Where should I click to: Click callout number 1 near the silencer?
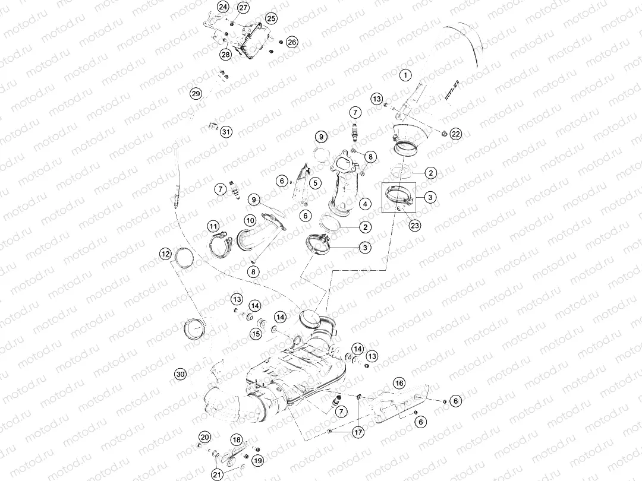click(x=405, y=75)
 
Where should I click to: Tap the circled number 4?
click(x=365, y=204)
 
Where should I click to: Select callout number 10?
click(x=250, y=220)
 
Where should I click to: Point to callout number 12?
click(x=165, y=254)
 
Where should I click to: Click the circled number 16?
click(x=399, y=383)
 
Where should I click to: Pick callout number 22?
click(x=456, y=134)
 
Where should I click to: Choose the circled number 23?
click(x=415, y=226)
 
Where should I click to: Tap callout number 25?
click(x=271, y=18)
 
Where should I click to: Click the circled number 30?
click(x=181, y=374)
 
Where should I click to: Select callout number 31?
click(x=226, y=132)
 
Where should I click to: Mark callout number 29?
click(x=196, y=94)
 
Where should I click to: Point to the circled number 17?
click(x=358, y=432)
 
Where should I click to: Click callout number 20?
click(x=204, y=437)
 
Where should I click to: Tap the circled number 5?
click(x=315, y=183)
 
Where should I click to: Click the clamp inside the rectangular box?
click(x=399, y=196)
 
